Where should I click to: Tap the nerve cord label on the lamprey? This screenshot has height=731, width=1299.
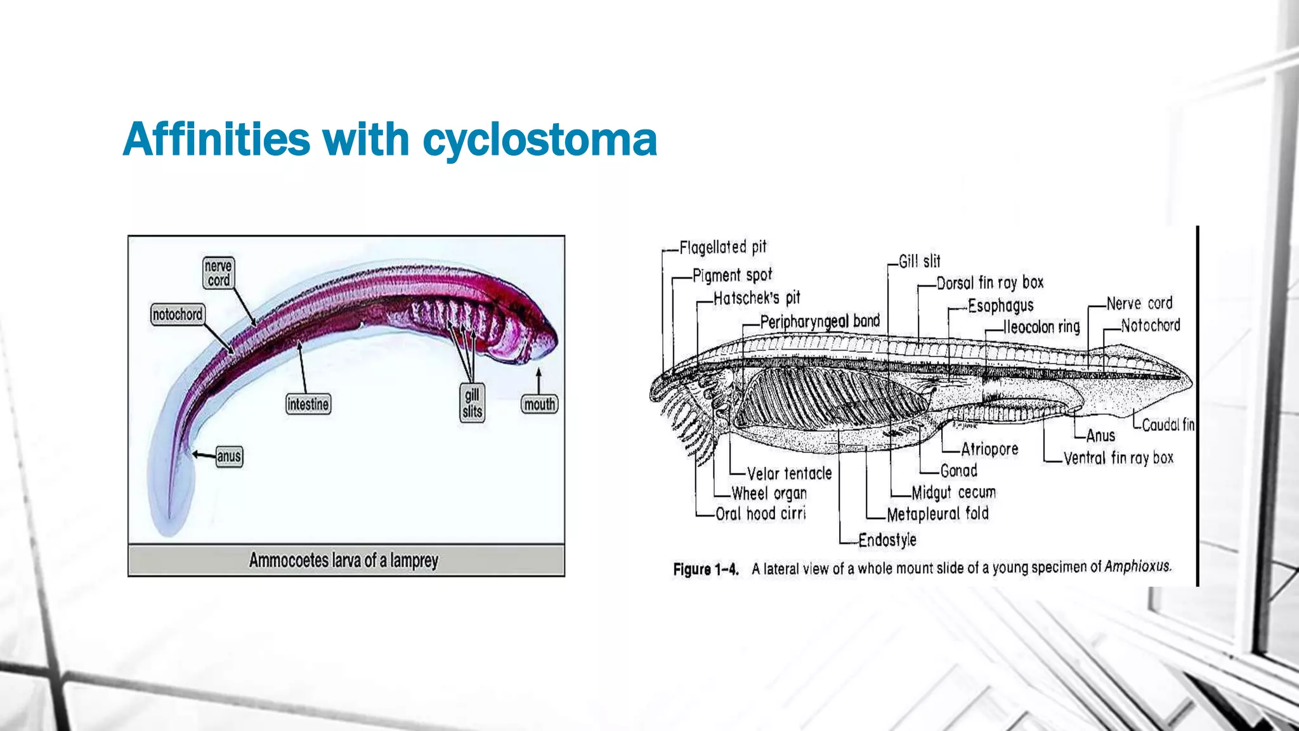pos(218,273)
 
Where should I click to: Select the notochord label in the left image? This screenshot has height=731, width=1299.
pos(178,314)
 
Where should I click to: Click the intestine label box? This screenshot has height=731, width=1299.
pos(308,404)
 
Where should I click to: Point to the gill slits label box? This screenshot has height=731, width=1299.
pos(473,403)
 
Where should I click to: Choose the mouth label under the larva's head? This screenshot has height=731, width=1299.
pos(539,404)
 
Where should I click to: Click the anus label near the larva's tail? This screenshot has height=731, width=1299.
pos(229,456)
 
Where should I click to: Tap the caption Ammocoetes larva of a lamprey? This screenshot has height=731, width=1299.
pos(343,560)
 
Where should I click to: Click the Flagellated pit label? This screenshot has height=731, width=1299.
pos(723,247)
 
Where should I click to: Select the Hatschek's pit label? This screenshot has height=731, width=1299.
pos(757,298)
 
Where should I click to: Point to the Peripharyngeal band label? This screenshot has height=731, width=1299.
pos(819,322)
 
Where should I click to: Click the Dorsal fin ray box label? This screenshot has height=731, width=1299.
pos(989,282)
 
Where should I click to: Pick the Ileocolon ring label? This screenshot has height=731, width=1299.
pos(1041,327)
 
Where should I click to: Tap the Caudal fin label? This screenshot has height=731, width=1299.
pos(1168,425)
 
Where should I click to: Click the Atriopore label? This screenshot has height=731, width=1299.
pos(989,449)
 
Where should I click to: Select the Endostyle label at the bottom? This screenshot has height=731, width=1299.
pos(887,540)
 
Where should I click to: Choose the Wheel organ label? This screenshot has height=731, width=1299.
pos(769,493)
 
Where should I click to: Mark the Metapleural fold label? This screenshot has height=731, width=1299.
pos(937,513)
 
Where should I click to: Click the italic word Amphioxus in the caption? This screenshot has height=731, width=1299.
pos(1137,567)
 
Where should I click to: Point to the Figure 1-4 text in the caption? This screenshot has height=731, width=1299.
pos(706,569)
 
